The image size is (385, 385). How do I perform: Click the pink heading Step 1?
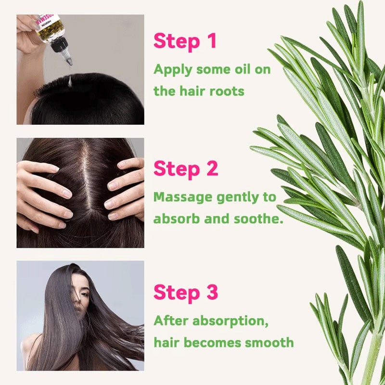pos(185,42)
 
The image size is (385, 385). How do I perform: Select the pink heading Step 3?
pos(186,292)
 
